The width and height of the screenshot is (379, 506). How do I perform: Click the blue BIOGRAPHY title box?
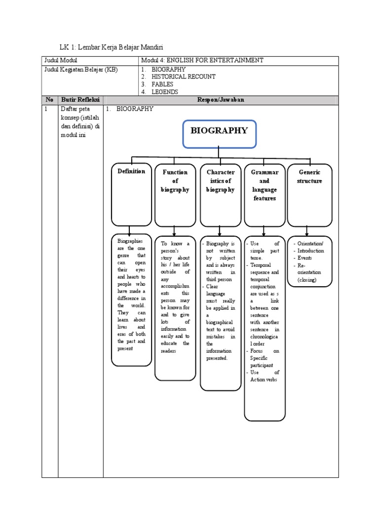pyautogui.click(x=219, y=133)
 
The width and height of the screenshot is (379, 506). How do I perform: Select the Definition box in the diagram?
pyautogui.click(x=131, y=195)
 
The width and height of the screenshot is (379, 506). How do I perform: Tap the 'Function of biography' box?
pyautogui.click(x=175, y=195)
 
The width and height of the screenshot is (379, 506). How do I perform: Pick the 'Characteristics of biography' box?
pyautogui.click(x=220, y=195)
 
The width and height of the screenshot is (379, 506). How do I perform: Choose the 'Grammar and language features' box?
pyautogui.click(x=265, y=195)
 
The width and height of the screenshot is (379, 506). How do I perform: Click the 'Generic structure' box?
pyautogui.click(x=309, y=195)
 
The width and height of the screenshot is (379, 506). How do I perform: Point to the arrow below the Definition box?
pyautogui.click(x=129, y=230)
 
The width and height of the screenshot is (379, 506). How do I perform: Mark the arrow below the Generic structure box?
pyautogui.click(x=307, y=231)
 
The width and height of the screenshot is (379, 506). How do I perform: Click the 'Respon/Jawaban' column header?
pyautogui.click(x=221, y=100)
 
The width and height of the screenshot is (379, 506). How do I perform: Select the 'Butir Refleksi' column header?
pyautogui.click(x=80, y=100)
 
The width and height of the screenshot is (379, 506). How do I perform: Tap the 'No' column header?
pyautogui.click(x=49, y=100)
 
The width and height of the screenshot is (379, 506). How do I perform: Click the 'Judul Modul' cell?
pyautogui.click(x=59, y=60)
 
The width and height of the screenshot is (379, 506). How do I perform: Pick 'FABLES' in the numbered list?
pyautogui.click(x=163, y=84)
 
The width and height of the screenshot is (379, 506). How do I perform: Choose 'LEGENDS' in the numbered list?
pyautogui.click(x=165, y=92)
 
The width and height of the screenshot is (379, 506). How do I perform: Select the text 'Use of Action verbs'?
pyautogui.click(x=264, y=376)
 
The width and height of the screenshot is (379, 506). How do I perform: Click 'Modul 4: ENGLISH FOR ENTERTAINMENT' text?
pyautogui.click(x=202, y=60)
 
